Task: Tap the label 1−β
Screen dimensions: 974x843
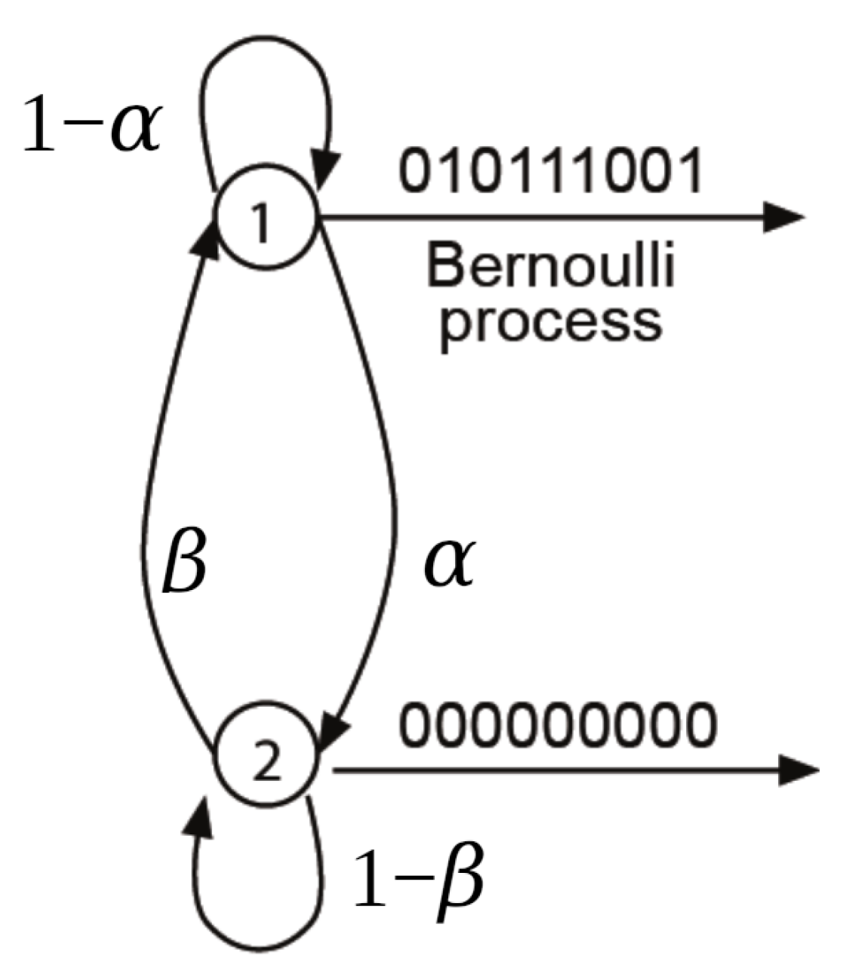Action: click(417, 879)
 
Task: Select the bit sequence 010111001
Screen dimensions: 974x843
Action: click(551, 172)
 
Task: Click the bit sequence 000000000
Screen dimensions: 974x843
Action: click(556, 725)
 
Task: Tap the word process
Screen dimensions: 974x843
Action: click(551, 323)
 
